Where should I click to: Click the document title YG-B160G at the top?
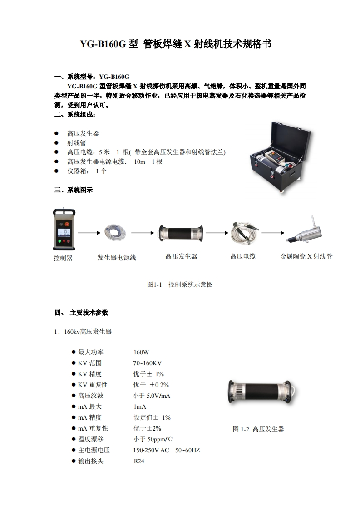click(x=103, y=44)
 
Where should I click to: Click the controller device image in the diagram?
click(x=64, y=229)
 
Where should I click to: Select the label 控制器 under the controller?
click(x=63, y=258)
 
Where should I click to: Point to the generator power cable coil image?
click(x=115, y=232)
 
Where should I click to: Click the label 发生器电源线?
click(x=117, y=258)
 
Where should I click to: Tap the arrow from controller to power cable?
click(x=89, y=233)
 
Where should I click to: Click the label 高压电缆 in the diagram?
click(x=243, y=256)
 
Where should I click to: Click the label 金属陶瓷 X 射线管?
click(x=306, y=256)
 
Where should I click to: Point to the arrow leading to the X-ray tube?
click(x=273, y=233)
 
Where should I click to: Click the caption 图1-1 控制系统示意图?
click(x=180, y=284)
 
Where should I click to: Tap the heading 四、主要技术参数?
click(x=81, y=313)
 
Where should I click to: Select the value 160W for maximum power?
click(x=141, y=352)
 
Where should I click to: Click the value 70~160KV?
click(x=148, y=363)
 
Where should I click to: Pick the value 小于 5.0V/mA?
click(x=152, y=396)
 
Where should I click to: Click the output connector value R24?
click(x=139, y=461)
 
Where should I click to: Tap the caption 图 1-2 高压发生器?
click(x=258, y=429)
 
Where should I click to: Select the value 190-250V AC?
click(x=151, y=450)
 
